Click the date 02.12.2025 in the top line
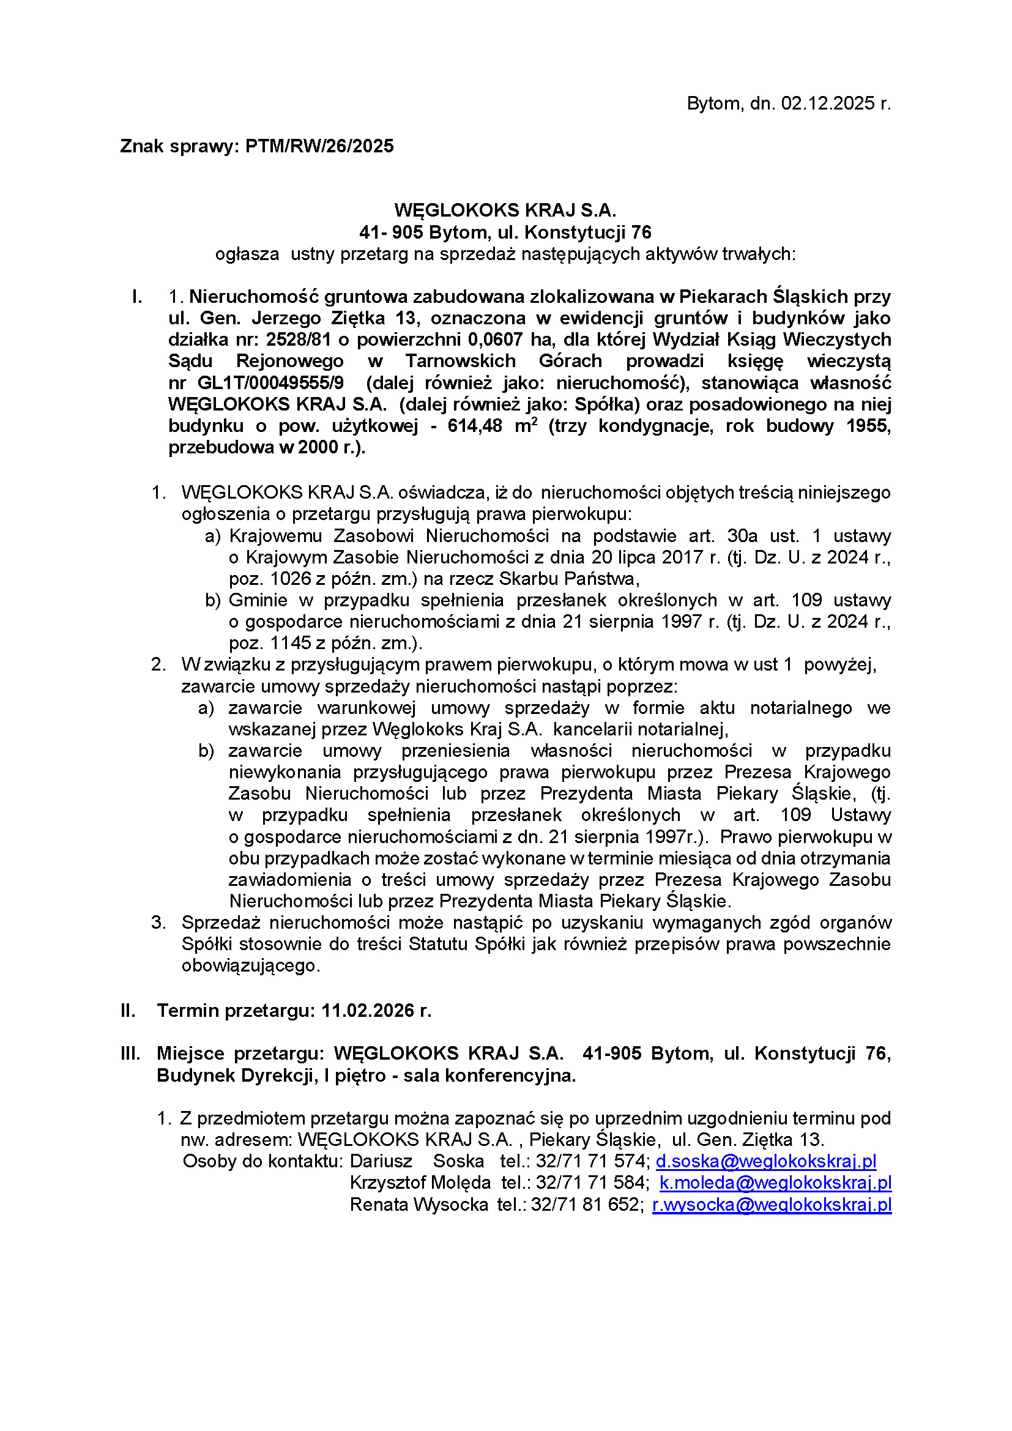pos(828,103)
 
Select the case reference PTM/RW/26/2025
pos(319,146)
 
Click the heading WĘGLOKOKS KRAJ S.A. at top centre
pos(505,210)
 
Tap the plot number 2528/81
pos(298,340)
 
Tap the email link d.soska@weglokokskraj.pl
pos(766,1161)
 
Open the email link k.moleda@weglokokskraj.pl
pos(775,1183)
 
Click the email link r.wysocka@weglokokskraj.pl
pos(772,1204)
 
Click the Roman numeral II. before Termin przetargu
pos(128,1010)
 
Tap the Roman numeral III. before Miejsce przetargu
pos(130,1054)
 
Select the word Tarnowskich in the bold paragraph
pos(461,362)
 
